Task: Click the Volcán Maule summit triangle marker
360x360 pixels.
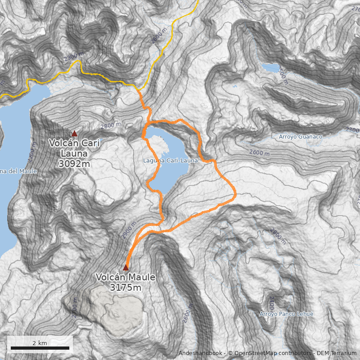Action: [x=126, y=268]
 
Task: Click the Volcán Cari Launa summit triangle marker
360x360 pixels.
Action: [x=74, y=133]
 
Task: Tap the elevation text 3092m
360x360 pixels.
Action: [x=74, y=164]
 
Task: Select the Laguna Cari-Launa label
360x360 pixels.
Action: [x=164, y=161]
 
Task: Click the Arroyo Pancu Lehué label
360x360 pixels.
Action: [x=286, y=314]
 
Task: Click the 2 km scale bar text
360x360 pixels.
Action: [x=40, y=343]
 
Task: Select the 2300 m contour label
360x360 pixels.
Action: [x=74, y=58]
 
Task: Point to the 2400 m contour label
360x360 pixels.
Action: [x=271, y=301]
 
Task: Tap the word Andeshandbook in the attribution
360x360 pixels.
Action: [x=201, y=353]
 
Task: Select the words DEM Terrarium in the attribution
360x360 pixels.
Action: [x=337, y=353]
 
